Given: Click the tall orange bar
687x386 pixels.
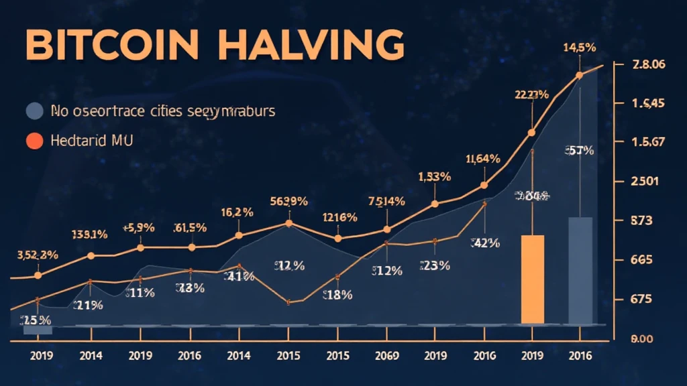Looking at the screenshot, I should (x=533, y=279).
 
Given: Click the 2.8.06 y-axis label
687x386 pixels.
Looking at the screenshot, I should (x=648, y=65).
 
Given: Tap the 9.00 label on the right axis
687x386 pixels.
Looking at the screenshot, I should (x=647, y=339).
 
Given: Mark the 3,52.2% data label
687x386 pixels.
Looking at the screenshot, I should (x=37, y=255).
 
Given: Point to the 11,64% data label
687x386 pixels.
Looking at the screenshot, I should (x=482, y=159).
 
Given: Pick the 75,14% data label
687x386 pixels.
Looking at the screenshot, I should (x=386, y=201).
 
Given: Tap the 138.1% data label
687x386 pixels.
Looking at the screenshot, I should (x=89, y=235).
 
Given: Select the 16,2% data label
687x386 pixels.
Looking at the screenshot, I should (x=237, y=212).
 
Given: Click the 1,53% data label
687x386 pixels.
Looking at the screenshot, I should (x=435, y=177).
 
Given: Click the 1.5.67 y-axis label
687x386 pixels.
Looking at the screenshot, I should (x=647, y=141).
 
